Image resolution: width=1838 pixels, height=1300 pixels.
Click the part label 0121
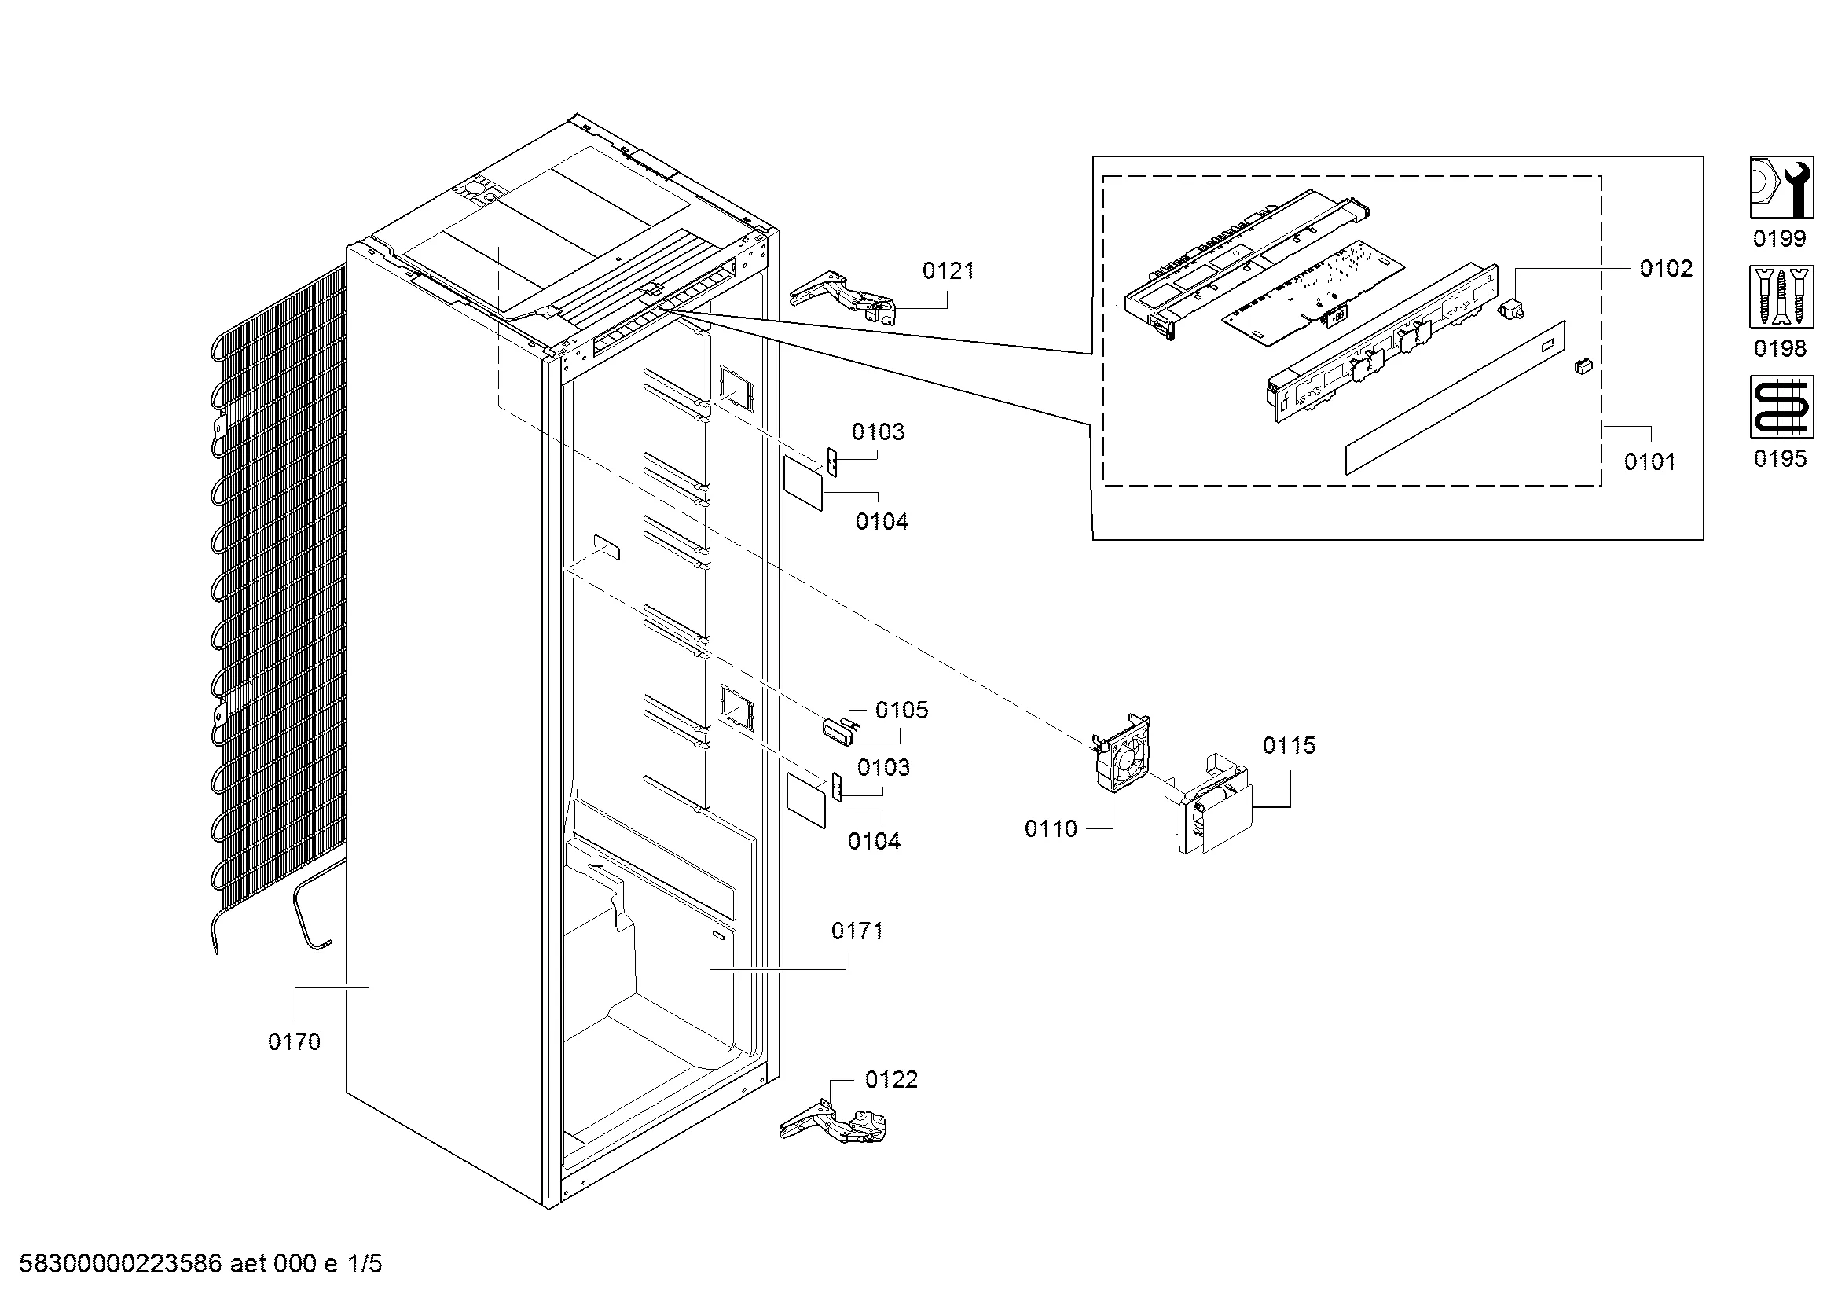pyautogui.click(x=948, y=271)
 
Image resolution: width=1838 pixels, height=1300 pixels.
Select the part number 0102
pyautogui.click(x=1666, y=268)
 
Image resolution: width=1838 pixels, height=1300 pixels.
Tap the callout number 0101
pyautogui.click(x=1650, y=461)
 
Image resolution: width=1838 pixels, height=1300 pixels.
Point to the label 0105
pyautogui.click(x=901, y=710)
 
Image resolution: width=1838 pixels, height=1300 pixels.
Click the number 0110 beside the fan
pyautogui.click(x=1051, y=828)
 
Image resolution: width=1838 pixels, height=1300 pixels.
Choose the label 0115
pyautogui.click(x=1289, y=745)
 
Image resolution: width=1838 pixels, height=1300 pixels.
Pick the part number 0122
pyautogui.click(x=891, y=1080)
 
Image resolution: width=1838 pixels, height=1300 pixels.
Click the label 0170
pyautogui.click(x=294, y=1041)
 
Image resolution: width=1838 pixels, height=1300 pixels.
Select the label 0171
pyautogui.click(x=857, y=931)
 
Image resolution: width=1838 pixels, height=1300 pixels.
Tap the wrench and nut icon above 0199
pyautogui.click(x=1781, y=187)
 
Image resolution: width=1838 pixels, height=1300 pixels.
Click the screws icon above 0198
pyautogui.click(x=1781, y=298)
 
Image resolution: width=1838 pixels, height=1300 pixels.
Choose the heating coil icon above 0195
pyautogui.click(x=1781, y=407)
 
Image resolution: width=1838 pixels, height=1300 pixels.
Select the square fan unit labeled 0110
pyautogui.click(x=1122, y=752)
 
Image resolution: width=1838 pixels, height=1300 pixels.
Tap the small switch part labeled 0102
pyautogui.click(x=1510, y=308)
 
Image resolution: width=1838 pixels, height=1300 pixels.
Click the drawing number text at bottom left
pyautogui.click(x=200, y=1264)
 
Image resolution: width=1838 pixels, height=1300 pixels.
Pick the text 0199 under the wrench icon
pyautogui.click(x=1781, y=239)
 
